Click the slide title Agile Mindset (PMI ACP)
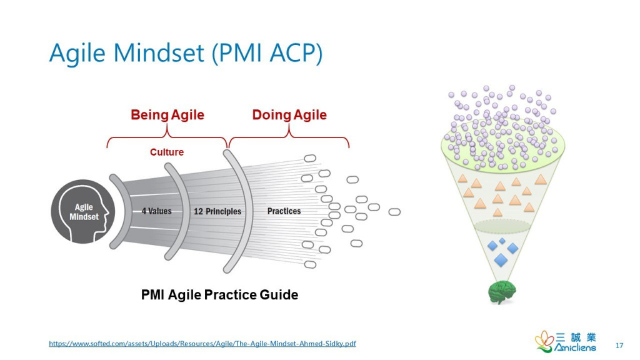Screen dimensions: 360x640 pyautogui.click(x=186, y=54)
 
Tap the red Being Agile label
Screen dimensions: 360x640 pyautogui.click(x=167, y=115)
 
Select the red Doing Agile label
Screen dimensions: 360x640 pyautogui.click(x=289, y=115)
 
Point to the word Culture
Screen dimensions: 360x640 pyautogui.click(x=167, y=152)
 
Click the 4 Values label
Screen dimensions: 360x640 pyautogui.click(x=156, y=211)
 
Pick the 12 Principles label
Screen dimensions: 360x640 pyautogui.click(x=217, y=211)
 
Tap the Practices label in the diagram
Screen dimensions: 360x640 pyautogui.click(x=284, y=211)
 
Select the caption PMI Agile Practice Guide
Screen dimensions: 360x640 pyautogui.click(x=219, y=294)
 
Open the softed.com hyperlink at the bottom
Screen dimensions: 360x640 pyautogui.click(x=202, y=344)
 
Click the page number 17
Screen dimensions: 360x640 pyautogui.click(x=619, y=346)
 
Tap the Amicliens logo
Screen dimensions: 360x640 pyautogui.click(x=566, y=341)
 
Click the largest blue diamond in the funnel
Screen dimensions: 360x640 pyautogui.click(x=501, y=259)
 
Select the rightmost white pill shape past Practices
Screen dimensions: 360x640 pyautogui.click(x=394, y=212)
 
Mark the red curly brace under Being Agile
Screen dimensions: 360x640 pyautogui.click(x=167, y=137)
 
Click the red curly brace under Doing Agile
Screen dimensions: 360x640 pyautogui.click(x=289, y=137)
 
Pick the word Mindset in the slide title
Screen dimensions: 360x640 pyautogui.click(x=161, y=54)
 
